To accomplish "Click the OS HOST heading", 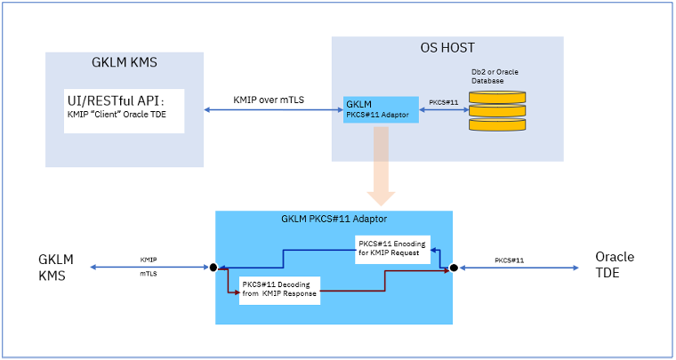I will pos(447,48).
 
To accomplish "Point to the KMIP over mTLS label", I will pos(269,100).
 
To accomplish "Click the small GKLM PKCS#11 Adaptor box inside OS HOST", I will pos(381,109).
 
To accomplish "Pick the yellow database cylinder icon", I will pos(498,110).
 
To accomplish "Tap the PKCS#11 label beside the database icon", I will pos(444,102).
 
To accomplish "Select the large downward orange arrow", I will pos(381,164).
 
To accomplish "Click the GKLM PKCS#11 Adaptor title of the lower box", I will pos(334,219).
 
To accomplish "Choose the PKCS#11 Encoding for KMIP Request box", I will pos(391,248).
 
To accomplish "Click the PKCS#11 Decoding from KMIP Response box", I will pos(279,292).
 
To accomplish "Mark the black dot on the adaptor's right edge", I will pos(453,267).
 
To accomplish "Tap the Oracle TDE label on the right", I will pos(615,264).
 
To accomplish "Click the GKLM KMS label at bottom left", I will pos(55,267).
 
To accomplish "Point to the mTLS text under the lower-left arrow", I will pos(149,276).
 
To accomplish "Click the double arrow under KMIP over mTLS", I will pos(269,110).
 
